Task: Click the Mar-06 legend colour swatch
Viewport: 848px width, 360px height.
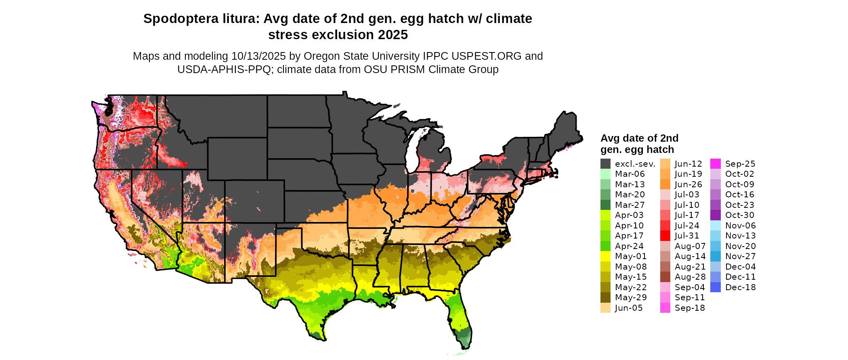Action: [x=605, y=174]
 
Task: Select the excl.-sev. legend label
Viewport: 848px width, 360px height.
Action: [x=635, y=164]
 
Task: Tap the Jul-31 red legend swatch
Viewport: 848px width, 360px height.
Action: [x=665, y=236]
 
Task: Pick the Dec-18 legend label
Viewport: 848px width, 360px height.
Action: [x=740, y=287]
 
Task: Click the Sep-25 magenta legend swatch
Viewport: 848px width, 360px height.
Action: [x=715, y=164]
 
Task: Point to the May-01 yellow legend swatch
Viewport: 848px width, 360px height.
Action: [x=605, y=256]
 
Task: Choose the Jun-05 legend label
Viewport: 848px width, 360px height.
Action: [x=629, y=308]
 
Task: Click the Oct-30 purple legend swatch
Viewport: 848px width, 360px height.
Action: [x=715, y=215]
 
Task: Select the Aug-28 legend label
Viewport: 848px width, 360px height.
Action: [x=690, y=277]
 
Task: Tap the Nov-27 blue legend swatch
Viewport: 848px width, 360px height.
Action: [x=715, y=256]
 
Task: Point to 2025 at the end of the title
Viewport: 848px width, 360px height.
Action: [x=393, y=35]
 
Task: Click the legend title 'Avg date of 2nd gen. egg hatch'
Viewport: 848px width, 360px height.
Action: [x=639, y=144]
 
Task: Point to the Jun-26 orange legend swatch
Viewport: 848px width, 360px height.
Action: [x=665, y=184]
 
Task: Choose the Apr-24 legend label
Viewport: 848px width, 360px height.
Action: [x=629, y=246]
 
